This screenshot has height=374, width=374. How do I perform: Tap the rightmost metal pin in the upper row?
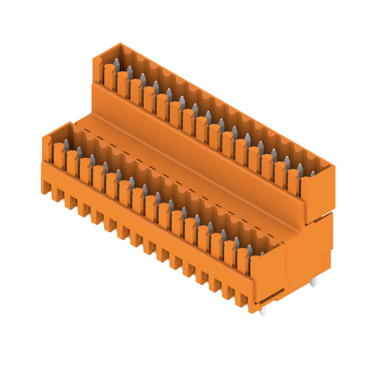tap(312, 174)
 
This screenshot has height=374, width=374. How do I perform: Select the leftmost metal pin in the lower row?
tap(66, 144)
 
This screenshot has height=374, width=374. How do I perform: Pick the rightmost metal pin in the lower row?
tap(261, 254)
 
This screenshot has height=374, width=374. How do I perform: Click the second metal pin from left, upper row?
tap(129, 72)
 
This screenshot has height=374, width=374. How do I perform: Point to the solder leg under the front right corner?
tap(262, 311)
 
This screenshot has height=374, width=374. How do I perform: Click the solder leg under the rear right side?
tap(313, 281)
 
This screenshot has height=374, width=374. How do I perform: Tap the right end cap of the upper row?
tap(317, 196)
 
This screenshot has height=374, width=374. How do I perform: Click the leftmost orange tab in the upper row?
tap(110, 77)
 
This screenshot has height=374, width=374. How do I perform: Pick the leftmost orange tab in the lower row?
tap(59, 156)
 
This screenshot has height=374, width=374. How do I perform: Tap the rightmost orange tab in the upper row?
tap(293, 182)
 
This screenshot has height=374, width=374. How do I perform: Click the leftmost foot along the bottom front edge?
tap(46, 187)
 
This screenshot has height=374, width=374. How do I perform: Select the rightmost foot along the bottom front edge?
tap(241, 300)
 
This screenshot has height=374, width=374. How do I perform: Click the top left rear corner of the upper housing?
tap(121, 44)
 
